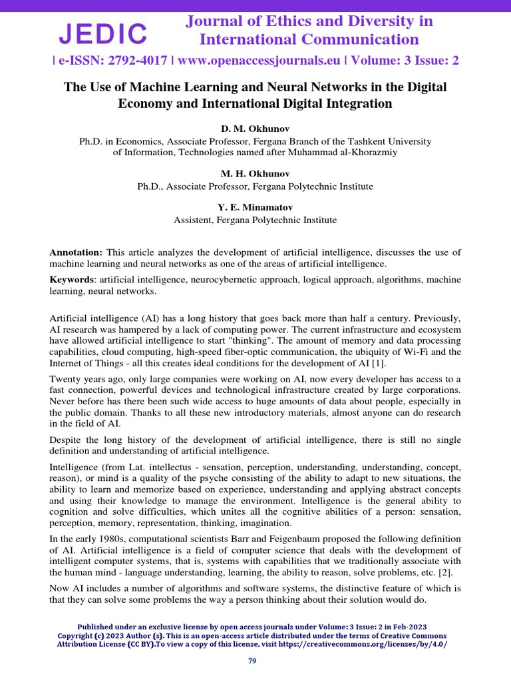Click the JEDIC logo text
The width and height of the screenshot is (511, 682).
click(103, 33)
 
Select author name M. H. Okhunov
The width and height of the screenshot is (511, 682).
click(255, 173)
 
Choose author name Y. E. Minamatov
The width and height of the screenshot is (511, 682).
click(255, 206)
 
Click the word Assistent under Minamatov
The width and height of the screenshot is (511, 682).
click(194, 220)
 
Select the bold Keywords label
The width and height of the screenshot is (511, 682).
click(71, 279)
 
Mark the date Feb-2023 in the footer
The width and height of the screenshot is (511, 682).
click(408, 627)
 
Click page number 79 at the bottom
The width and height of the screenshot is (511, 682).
click(252, 661)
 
